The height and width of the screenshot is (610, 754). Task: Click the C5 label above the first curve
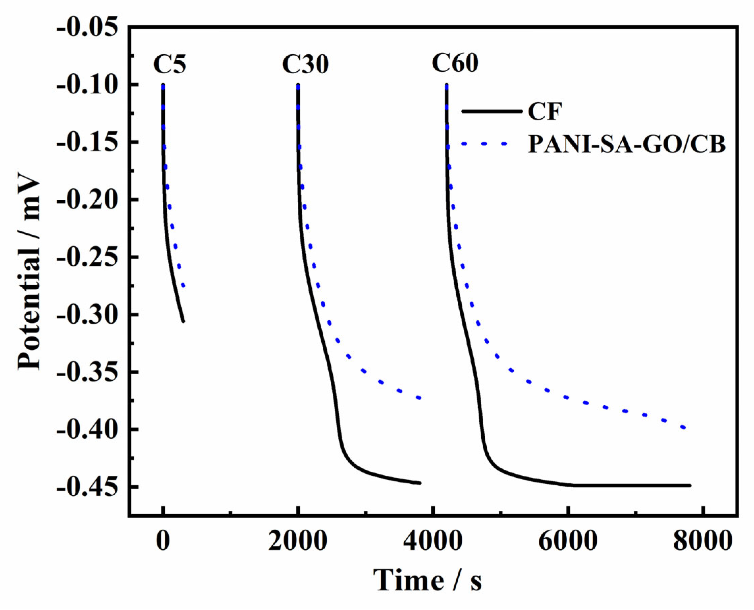coord(169,64)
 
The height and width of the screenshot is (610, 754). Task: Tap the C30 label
coord(305,64)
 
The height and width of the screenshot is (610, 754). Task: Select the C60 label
coord(455,63)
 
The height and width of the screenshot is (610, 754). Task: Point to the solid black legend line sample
coord(492,111)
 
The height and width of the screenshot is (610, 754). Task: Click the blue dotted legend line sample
coord(484,143)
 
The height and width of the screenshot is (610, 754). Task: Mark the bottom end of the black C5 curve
coord(183,321)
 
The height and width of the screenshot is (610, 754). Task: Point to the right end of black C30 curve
coord(420,483)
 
